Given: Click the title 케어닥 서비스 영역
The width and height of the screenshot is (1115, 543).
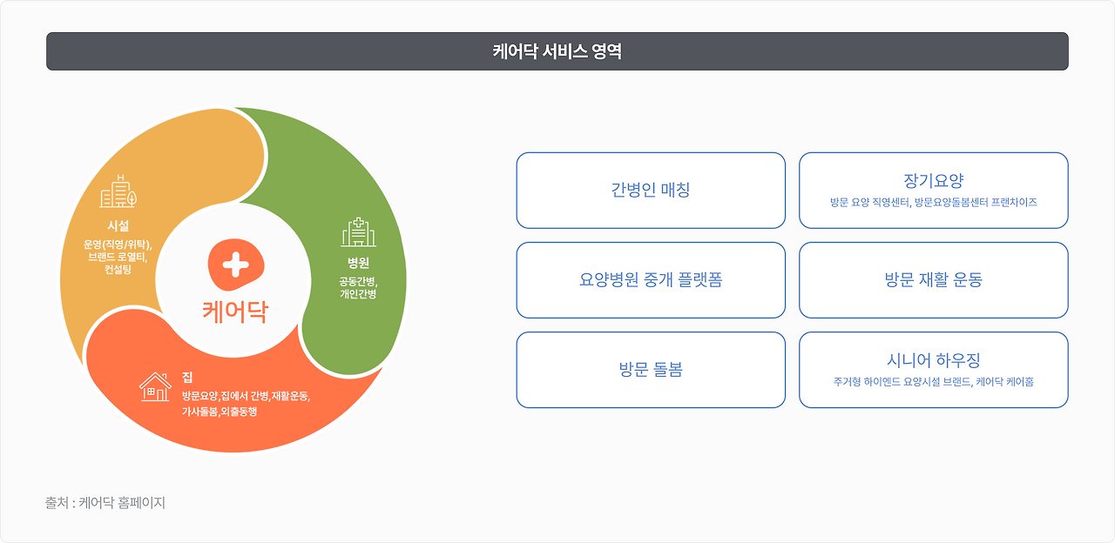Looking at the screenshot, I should pos(557,51).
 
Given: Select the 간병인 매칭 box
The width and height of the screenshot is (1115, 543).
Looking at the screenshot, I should pos(651,190).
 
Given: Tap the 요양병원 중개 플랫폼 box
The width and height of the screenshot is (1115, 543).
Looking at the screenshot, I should pos(651,280).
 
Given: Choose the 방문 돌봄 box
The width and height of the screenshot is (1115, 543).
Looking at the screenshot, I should pos(651,370).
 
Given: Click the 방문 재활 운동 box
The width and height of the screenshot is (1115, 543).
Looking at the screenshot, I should pos(933,280).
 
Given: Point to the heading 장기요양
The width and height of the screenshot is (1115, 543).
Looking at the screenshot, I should pos(933,181).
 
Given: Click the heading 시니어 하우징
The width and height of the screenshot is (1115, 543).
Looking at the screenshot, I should pos(933,360).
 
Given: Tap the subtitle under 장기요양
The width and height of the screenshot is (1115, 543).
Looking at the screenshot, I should pos(933,203).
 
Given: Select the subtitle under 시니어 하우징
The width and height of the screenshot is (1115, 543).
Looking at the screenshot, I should pos(933,382).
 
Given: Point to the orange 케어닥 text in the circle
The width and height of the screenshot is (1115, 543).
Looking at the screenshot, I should pos(235,311).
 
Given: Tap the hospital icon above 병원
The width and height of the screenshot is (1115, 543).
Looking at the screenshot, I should pos(358,233).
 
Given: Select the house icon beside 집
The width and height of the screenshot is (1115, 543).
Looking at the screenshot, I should pos(155,387).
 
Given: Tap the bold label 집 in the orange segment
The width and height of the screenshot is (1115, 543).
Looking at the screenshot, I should pos(187,377).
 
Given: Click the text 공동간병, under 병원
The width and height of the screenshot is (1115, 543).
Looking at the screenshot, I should pos(358,281).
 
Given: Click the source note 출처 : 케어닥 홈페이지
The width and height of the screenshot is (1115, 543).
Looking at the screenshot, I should pos(105,503).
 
